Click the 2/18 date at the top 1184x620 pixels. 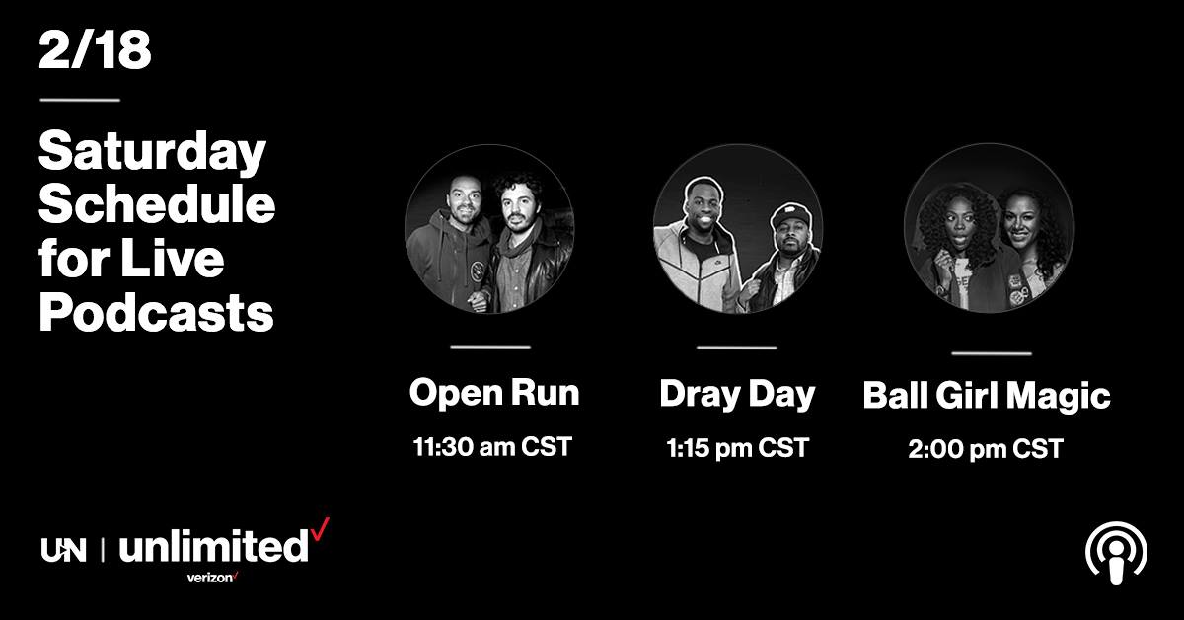(95, 49)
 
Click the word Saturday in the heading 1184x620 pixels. (152, 152)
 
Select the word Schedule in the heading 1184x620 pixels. (157, 204)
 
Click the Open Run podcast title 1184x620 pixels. (494, 393)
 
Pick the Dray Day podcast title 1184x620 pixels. (737, 395)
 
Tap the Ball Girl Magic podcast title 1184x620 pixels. (987, 396)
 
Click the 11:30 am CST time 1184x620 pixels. (492, 447)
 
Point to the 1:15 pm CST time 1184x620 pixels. (737, 448)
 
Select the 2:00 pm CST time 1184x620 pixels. (986, 449)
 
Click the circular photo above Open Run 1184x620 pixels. (489, 228)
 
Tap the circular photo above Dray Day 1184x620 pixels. (738, 228)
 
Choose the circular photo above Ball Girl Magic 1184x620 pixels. (989, 227)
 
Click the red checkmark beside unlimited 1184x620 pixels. (320, 529)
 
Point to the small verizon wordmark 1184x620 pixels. (212, 578)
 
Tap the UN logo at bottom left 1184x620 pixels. (63, 550)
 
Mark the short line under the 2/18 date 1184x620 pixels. (80, 100)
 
